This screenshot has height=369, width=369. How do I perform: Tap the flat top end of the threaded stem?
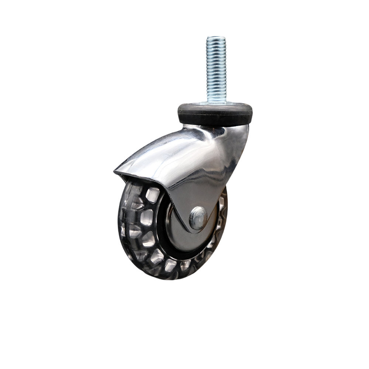tap(216, 37)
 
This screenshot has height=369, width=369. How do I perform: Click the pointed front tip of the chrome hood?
tap(116, 171)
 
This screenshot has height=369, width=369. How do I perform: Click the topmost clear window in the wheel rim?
tap(152, 194)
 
